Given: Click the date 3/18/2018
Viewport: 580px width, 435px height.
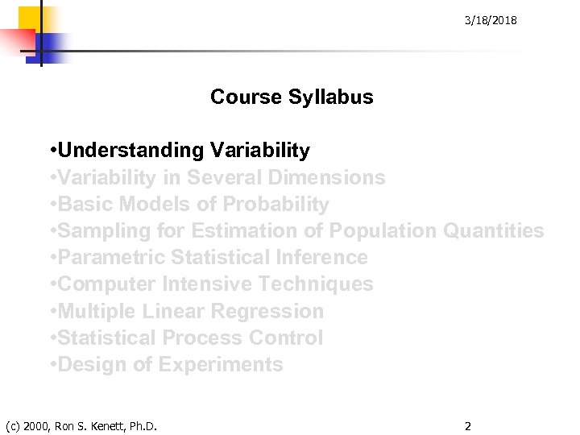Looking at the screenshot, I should pyautogui.click(x=491, y=20).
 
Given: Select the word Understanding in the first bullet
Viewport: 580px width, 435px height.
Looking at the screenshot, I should pyautogui.click(x=131, y=151).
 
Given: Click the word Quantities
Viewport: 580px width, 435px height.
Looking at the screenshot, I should pyautogui.click(x=494, y=231).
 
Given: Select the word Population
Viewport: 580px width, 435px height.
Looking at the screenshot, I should pyautogui.click(x=383, y=231).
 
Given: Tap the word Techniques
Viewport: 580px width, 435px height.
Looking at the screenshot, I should pyautogui.click(x=325, y=284).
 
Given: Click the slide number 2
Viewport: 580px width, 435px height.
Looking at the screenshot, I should pyautogui.click(x=467, y=425).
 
